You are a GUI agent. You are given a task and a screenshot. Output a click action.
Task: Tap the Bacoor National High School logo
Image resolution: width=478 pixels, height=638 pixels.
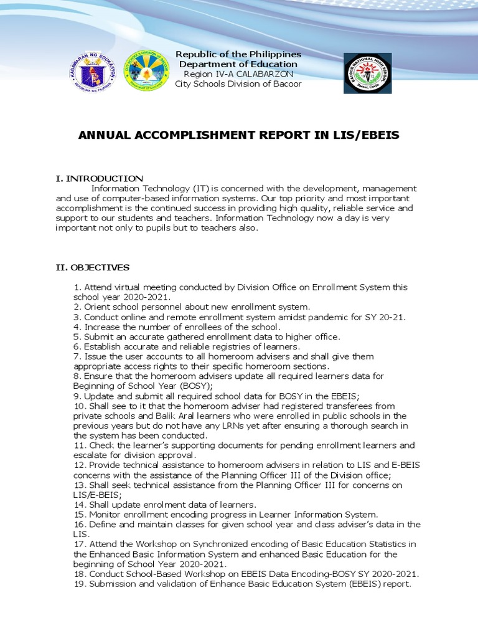click(x=368, y=74)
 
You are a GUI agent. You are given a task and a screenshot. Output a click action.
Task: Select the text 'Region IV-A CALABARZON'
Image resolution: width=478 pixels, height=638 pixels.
click(x=238, y=74)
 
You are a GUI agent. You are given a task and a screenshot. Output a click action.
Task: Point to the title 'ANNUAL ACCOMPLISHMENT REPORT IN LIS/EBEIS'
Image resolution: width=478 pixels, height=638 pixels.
click(x=239, y=136)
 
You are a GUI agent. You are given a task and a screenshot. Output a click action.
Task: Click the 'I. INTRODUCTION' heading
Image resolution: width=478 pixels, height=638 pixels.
click(x=99, y=179)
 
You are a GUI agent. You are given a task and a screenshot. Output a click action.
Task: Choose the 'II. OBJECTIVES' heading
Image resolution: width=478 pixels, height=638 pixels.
click(x=92, y=267)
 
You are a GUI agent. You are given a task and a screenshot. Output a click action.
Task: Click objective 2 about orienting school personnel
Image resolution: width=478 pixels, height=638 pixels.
click(x=191, y=307)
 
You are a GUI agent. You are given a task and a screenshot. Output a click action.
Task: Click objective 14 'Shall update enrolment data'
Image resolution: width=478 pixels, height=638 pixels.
click(x=165, y=505)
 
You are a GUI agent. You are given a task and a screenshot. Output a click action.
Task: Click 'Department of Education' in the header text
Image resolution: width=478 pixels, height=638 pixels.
click(x=238, y=64)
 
